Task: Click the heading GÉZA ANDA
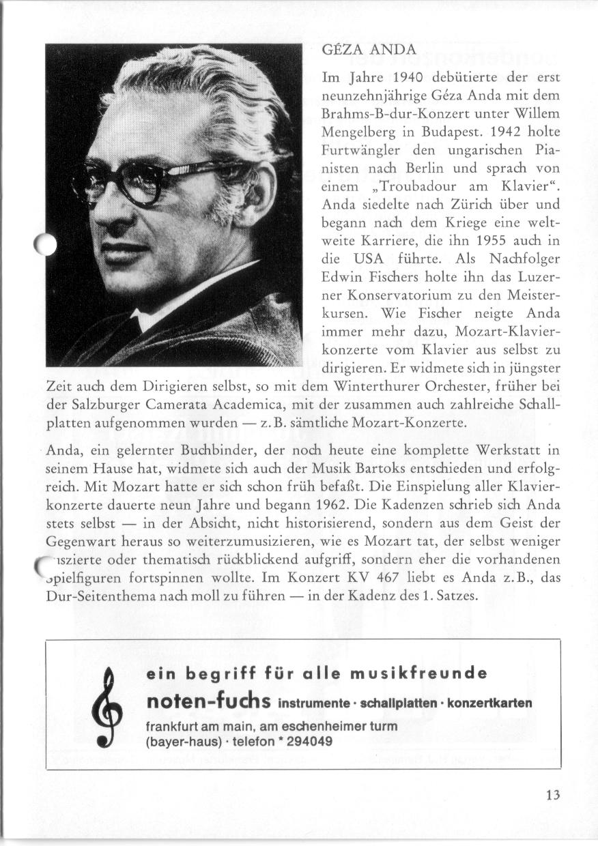[x=368, y=50]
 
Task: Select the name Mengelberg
[x=354, y=130]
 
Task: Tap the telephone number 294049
[x=310, y=742]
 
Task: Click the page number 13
[x=552, y=795]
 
